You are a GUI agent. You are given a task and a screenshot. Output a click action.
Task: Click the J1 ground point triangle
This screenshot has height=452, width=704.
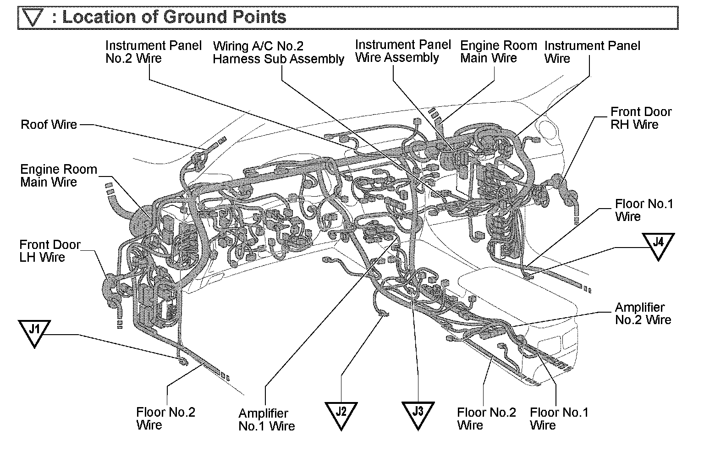[34, 332]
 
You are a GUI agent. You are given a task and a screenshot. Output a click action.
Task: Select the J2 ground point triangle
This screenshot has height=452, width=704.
[341, 413]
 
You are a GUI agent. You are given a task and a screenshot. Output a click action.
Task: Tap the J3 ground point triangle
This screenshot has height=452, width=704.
[418, 413]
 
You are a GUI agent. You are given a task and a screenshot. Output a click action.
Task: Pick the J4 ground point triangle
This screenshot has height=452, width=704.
[658, 244]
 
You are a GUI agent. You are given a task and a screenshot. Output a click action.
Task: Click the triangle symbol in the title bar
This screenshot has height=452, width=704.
[35, 18]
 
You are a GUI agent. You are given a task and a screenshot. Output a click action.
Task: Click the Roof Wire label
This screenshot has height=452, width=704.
[49, 125]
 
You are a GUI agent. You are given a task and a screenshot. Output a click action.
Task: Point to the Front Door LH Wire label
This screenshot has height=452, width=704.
[49, 251]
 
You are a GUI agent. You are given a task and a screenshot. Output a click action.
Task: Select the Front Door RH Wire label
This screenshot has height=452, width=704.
[641, 118]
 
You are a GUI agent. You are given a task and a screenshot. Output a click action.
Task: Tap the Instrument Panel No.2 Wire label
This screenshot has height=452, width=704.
[153, 52]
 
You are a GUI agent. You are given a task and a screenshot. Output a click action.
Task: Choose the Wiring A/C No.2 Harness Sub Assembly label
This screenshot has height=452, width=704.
[278, 52]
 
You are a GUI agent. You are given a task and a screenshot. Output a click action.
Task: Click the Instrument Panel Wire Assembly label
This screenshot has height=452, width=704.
[403, 51]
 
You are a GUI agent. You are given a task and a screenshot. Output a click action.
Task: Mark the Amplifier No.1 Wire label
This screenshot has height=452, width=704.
[266, 420]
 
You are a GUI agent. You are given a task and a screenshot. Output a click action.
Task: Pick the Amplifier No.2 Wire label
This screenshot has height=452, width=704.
[643, 314]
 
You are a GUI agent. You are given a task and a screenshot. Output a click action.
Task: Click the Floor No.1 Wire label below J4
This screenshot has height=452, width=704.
[643, 210]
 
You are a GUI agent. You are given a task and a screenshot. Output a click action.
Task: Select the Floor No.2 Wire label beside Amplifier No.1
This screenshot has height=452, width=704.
[165, 418]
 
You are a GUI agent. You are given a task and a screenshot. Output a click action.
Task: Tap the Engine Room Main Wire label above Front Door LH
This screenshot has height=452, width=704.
[59, 176]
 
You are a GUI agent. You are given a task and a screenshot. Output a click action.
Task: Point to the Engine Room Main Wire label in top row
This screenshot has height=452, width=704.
[498, 52]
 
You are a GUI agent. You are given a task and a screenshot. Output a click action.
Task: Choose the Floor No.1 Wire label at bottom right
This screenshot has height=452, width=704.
[559, 419]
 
